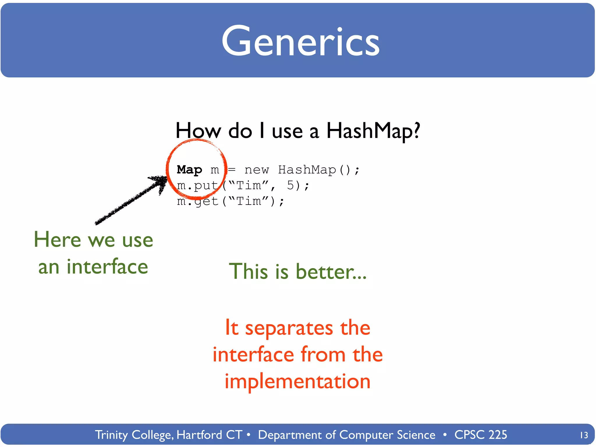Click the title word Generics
click(300, 41)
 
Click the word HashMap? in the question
click(373, 131)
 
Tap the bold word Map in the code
click(189, 170)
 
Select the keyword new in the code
click(257, 170)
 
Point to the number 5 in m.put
click(290, 185)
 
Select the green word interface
click(107, 267)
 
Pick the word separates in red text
click(289, 328)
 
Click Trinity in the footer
click(111, 435)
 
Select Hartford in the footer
click(199, 435)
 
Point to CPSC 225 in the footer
click(480, 435)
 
